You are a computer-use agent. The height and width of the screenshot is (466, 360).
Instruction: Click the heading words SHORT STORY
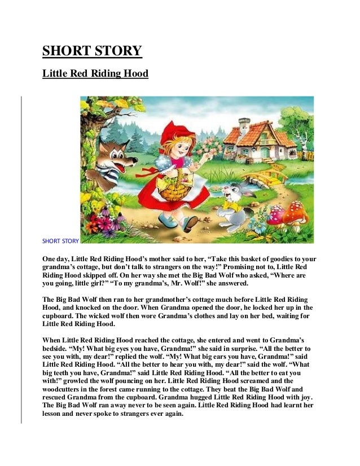point(92,51)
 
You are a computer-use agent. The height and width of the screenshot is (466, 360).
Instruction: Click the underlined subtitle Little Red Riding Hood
point(95,74)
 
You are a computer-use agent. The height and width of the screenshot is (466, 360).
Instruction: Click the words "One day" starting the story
point(55,259)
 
